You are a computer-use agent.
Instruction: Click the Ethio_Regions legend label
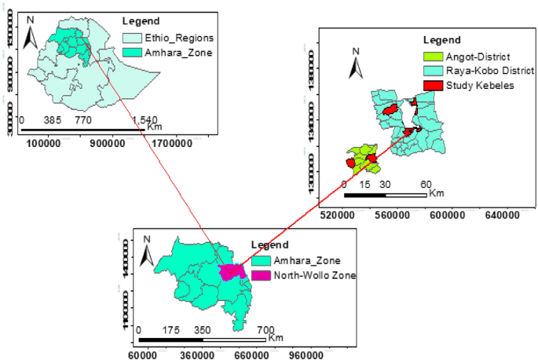pos(168,38)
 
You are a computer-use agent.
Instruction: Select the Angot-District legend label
pos(478,57)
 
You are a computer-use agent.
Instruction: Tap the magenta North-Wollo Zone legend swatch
pos(261,275)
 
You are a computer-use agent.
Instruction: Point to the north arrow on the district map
pos(356,63)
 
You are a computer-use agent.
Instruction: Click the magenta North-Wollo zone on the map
pos(229,273)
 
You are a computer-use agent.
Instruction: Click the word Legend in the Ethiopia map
pos(141,20)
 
